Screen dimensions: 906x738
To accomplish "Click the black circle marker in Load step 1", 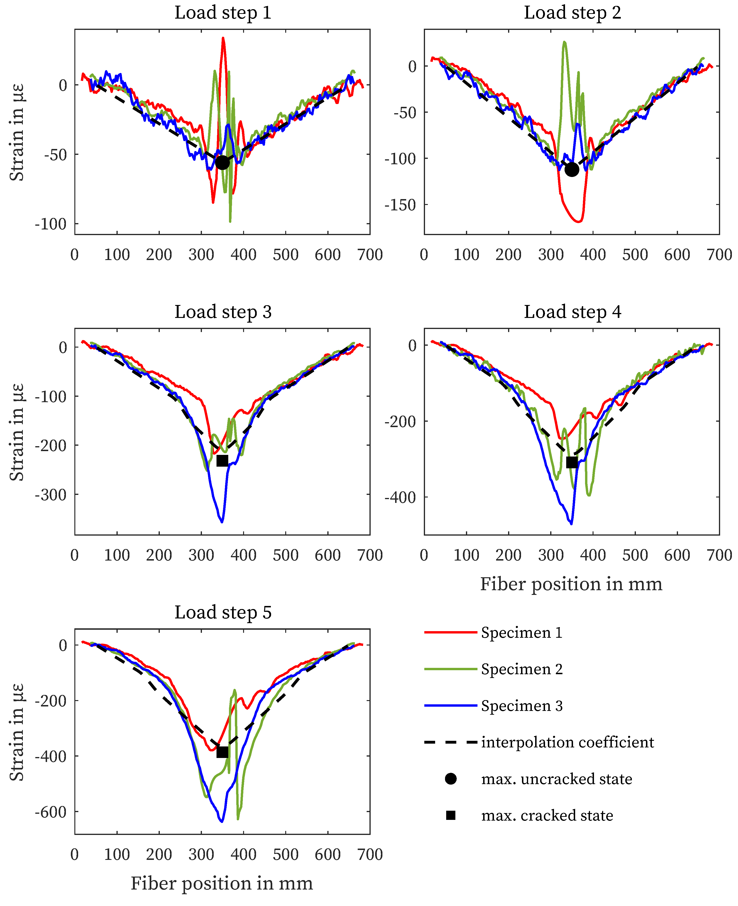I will [222, 162].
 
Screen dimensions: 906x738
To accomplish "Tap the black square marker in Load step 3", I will [222, 461].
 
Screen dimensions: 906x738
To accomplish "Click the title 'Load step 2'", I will [572, 13].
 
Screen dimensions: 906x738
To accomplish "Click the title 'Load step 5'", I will [223, 613].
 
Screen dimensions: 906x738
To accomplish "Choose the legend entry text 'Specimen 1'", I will [522, 633].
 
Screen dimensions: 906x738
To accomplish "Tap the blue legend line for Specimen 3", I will [451, 706].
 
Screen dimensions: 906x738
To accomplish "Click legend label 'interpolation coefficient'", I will [567, 742].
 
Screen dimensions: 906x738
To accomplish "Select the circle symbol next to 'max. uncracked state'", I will [451, 779].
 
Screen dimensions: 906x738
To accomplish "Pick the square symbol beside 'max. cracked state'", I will [451, 815].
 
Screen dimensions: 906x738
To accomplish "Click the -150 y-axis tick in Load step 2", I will [400, 205].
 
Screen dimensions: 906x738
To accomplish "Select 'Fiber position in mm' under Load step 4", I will [571, 584].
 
